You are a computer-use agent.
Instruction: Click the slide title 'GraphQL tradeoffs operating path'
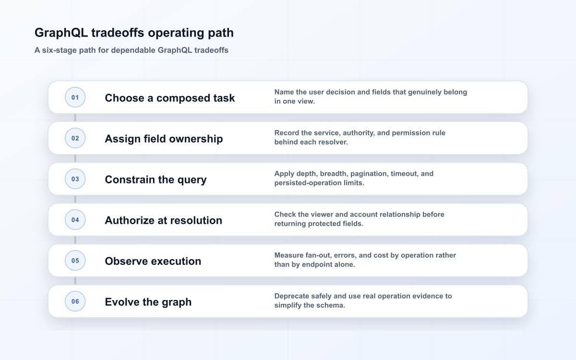[x=134, y=33]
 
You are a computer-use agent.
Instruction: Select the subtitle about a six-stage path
[x=132, y=50]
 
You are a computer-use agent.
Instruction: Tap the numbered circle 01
[x=75, y=97]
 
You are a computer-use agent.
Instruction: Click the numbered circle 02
[x=75, y=138]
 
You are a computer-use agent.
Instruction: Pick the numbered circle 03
[x=75, y=179]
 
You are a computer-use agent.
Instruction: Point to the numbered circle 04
[x=75, y=220]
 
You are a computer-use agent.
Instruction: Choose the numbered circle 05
[x=75, y=261]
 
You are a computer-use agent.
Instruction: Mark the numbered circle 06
[x=75, y=301]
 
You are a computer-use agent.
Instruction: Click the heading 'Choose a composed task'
[x=170, y=98]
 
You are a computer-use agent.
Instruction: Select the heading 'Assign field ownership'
[x=164, y=139]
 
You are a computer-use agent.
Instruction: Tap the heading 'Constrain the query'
[x=156, y=180]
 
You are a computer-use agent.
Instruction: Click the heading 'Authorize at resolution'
[x=164, y=220]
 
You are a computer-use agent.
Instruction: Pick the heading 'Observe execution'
[x=153, y=261]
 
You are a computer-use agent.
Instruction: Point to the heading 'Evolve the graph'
[x=148, y=302]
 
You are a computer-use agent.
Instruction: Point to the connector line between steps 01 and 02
[x=75, y=118]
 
